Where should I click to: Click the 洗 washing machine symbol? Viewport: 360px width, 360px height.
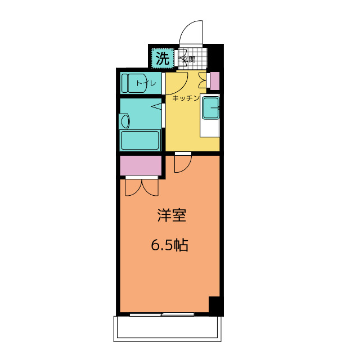163,58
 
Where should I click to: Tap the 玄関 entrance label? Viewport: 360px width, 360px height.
189,60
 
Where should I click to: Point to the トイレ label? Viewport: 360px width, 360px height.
146,83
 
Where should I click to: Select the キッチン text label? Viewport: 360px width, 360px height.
186,98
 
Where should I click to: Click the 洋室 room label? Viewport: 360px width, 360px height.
172,215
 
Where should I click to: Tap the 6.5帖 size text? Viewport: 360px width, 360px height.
170,245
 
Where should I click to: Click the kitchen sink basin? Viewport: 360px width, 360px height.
210,107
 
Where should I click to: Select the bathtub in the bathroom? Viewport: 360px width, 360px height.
140,140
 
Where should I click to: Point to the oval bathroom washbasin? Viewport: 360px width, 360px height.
125,121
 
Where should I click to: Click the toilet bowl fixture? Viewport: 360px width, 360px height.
136,83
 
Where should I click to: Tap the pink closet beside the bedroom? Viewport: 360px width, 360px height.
141,165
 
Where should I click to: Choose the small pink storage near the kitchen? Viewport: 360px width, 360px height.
215,81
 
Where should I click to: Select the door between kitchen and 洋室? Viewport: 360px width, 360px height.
183,164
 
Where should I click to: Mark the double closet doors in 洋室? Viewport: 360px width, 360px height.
142,187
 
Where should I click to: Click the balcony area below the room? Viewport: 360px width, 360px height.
168,328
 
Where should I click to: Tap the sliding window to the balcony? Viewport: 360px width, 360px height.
162,314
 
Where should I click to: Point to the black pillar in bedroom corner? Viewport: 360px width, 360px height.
216,306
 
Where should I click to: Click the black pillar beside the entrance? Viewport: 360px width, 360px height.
215,56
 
